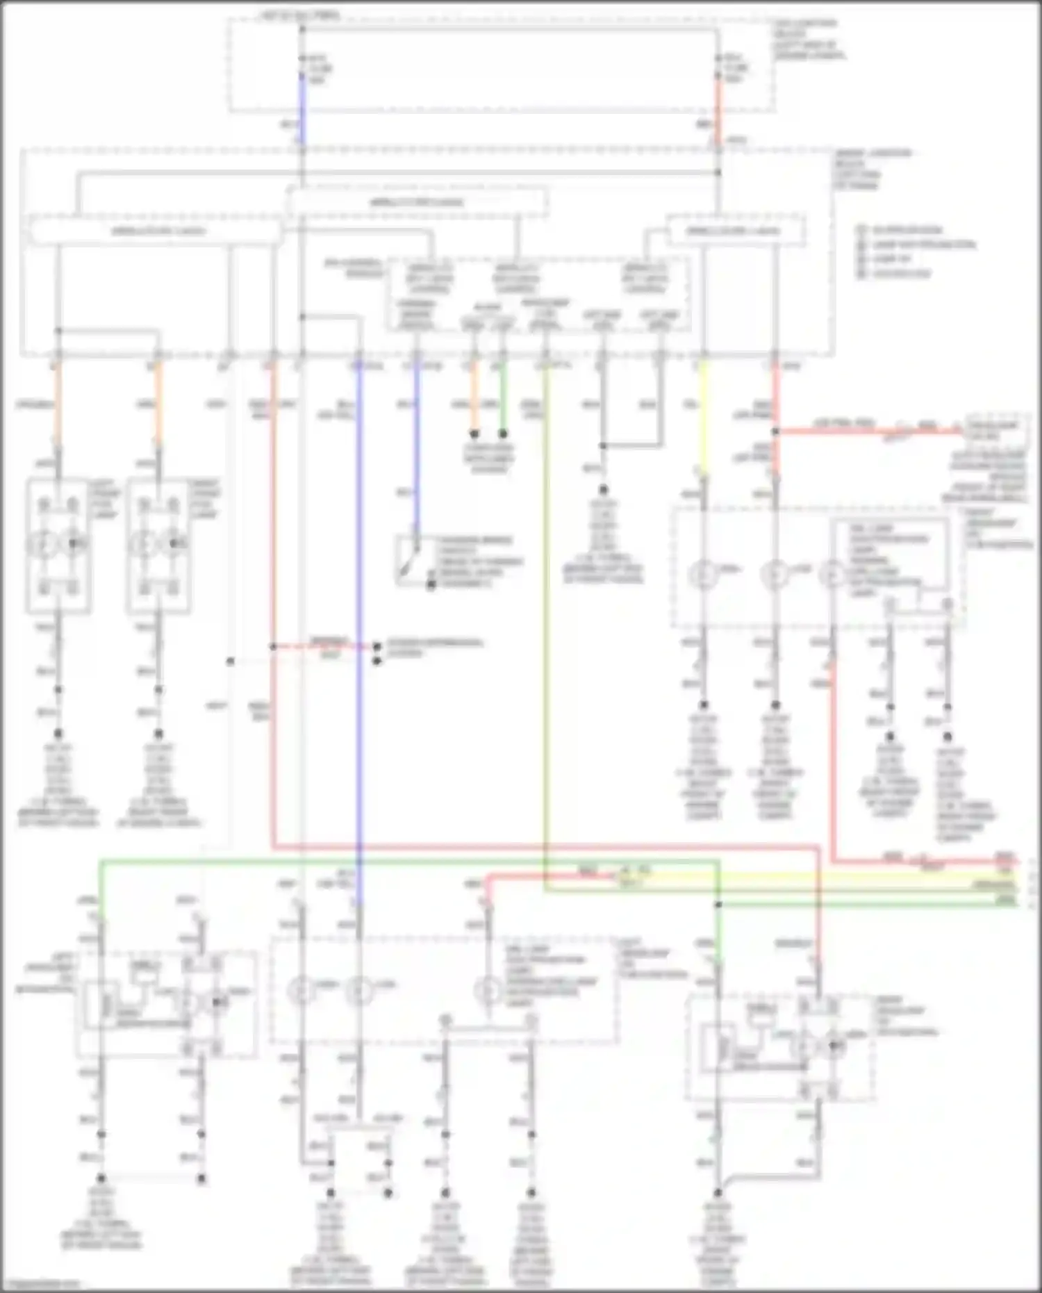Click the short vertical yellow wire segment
coord(703,417)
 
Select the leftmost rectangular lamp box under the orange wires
coord(58,545)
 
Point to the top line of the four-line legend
coord(900,230)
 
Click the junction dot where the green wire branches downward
coord(718,905)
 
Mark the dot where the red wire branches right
coord(776,431)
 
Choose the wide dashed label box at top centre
coord(417,203)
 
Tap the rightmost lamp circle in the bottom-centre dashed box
coord(488,990)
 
